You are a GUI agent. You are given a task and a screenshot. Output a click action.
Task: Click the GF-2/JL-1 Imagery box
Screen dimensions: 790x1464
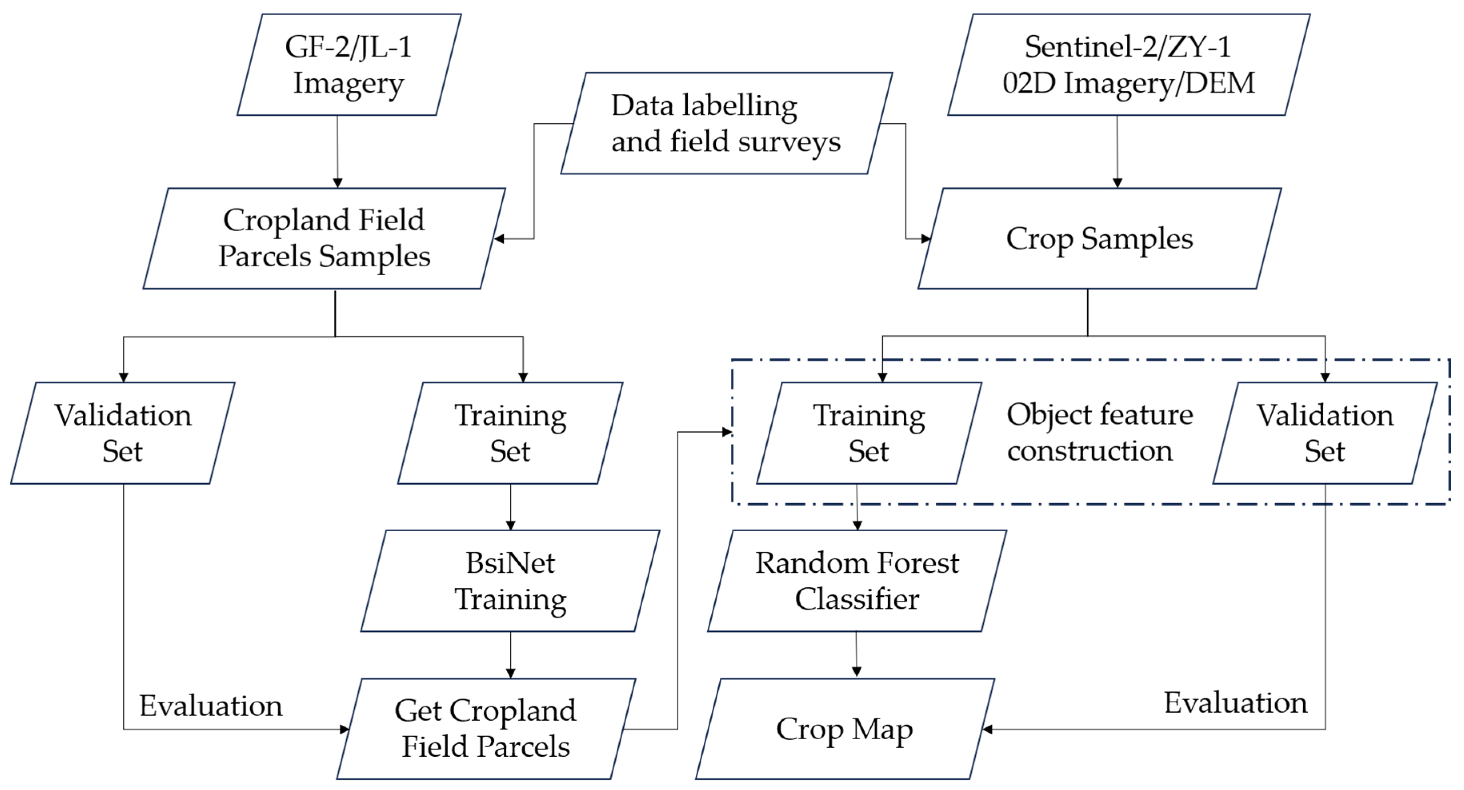348,65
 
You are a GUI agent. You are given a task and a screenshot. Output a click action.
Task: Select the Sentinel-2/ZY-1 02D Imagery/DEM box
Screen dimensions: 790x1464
1128,65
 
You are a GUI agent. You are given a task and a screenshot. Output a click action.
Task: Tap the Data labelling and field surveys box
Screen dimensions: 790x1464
726,123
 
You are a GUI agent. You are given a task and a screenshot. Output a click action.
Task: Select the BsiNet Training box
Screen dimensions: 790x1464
510,581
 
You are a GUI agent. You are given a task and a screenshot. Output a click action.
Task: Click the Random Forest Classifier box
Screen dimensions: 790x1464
857,581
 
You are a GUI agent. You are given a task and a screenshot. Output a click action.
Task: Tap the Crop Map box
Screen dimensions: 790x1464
845,729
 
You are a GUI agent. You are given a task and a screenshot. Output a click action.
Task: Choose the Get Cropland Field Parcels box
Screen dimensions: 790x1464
486,729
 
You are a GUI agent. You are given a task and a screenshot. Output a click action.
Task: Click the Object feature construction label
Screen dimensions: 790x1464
1099,432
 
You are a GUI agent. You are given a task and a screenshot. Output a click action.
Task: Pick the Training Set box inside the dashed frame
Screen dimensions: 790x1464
869,433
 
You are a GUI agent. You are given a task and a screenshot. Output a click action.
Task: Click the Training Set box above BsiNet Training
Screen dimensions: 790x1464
510,433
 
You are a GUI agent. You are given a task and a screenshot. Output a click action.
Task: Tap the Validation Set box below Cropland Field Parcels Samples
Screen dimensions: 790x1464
123,433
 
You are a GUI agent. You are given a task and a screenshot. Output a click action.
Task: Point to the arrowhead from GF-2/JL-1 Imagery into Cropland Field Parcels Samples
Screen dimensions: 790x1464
338,183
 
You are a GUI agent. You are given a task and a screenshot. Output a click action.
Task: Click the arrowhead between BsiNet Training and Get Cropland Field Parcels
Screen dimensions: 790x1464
510,673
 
